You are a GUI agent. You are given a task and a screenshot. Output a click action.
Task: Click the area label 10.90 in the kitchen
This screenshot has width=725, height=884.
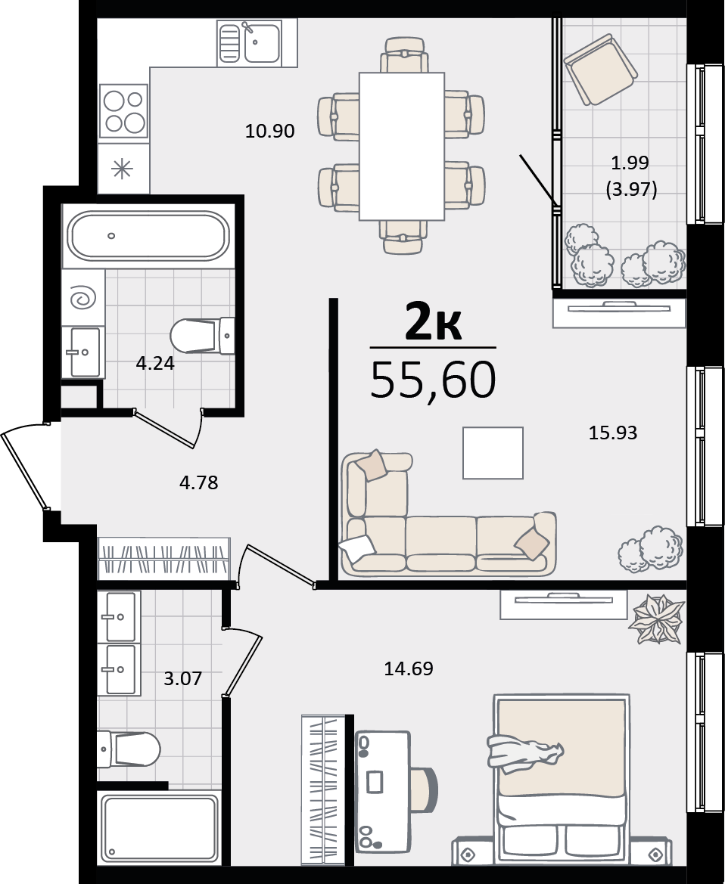(269, 131)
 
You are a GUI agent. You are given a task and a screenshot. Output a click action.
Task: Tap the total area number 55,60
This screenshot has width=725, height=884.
(434, 380)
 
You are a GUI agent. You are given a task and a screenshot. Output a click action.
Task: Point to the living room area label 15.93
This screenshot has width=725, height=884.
(613, 433)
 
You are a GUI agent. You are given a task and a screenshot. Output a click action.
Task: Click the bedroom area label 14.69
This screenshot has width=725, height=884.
(409, 668)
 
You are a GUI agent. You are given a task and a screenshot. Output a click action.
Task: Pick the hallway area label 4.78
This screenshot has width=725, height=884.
(198, 482)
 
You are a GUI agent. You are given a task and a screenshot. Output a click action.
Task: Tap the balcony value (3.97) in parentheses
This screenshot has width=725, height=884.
(631, 189)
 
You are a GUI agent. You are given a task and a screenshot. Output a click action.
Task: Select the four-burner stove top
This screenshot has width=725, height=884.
(123, 111)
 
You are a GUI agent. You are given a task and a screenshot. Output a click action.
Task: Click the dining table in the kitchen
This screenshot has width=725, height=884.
(402, 146)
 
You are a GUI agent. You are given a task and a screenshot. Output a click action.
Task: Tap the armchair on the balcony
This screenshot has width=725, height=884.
(599, 70)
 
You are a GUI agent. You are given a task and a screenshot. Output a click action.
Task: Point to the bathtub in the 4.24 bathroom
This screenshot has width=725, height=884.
(148, 236)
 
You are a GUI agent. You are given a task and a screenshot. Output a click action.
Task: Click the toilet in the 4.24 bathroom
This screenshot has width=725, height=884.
(202, 337)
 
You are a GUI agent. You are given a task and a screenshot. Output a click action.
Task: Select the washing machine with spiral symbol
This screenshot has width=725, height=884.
(83, 297)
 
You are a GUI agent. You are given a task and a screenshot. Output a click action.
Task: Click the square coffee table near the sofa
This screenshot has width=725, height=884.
(493, 453)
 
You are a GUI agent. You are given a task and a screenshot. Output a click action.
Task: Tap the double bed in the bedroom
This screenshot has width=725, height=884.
(562, 779)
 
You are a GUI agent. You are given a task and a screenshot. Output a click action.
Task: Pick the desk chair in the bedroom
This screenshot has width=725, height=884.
(425, 784)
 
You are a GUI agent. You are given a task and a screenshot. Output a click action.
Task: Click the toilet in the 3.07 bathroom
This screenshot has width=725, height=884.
(129, 749)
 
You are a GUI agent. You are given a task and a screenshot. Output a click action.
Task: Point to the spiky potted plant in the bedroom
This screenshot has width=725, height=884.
(658, 619)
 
